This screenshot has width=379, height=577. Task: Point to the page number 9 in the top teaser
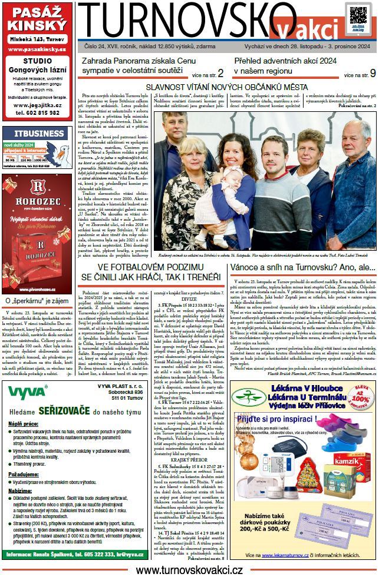372,73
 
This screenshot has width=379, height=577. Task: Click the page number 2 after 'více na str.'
220,73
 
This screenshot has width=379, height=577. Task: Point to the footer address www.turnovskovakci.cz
189,570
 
